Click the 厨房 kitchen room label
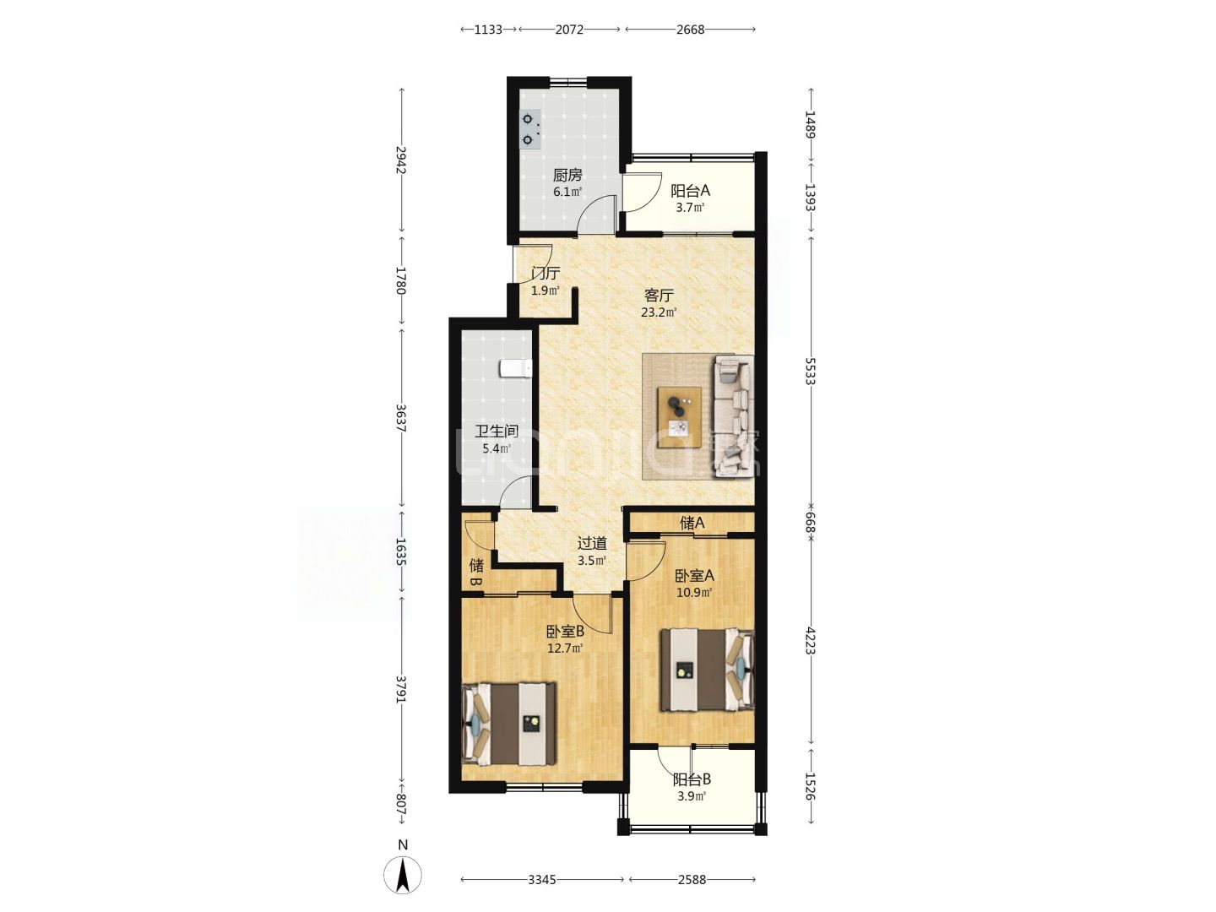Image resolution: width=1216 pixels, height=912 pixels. (x=567, y=176)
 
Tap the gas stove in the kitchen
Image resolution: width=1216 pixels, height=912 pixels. (x=530, y=129)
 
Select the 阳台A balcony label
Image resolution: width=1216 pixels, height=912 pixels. (x=690, y=191)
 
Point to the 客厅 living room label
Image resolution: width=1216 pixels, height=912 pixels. (x=659, y=295)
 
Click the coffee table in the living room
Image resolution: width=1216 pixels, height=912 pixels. (x=679, y=417)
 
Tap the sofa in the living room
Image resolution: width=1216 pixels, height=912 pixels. (x=733, y=415)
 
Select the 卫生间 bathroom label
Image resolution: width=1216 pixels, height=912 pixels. (x=497, y=432)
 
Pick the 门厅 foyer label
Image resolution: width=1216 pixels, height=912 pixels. (x=546, y=273)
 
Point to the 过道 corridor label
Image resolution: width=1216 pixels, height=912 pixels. (x=592, y=543)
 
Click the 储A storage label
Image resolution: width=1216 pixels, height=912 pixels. (x=692, y=522)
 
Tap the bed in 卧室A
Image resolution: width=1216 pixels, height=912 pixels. (x=707, y=670)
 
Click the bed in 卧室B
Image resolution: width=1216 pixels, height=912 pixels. (x=509, y=724)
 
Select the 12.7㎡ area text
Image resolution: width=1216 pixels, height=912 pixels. (x=565, y=648)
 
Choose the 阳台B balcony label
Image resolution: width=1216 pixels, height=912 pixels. (x=692, y=779)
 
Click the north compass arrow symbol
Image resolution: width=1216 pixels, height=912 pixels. (x=403, y=876)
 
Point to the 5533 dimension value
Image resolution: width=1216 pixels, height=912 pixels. (x=811, y=371)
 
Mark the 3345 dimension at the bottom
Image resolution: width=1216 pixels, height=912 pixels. (x=541, y=880)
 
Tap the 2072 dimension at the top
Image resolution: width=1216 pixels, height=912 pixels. (x=569, y=30)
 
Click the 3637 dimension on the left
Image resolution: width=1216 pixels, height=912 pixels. (x=401, y=419)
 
